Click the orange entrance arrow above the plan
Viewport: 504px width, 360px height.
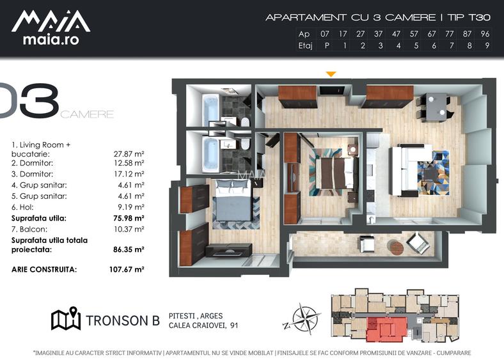pyautogui.click(x=331, y=74)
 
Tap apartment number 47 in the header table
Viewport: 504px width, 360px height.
pyautogui.click(x=396, y=34)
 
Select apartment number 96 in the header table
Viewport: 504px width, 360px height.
pyautogui.click(x=485, y=34)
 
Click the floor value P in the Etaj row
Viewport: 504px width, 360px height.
pyautogui.click(x=327, y=45)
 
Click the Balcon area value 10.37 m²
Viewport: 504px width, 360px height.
pyautogui.click(x=129, y=229)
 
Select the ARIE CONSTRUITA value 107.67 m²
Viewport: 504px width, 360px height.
pyautogui.click(x=127, y=269)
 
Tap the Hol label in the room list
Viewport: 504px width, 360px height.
pyautogui.click(x=27, y=207)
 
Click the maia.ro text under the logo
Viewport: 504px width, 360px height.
pyautogui.click(x=51, y=40)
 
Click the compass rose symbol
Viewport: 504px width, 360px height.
pyautogui.click(x=302, y=319)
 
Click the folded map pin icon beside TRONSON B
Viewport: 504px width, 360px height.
pyautogui.click(x=66, y=318)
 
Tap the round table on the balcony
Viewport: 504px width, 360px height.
pyautogui.click(x=395, y=247)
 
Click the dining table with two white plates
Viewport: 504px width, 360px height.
pyautogui.click(x=436, y=106)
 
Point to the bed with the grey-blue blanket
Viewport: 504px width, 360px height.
pyautogui.click(x=232, y=200)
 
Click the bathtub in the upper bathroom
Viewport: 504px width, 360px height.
pyautogui.click(x=211, y=109)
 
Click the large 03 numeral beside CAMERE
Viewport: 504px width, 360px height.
pyautogui.click(x=29, y=100)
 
